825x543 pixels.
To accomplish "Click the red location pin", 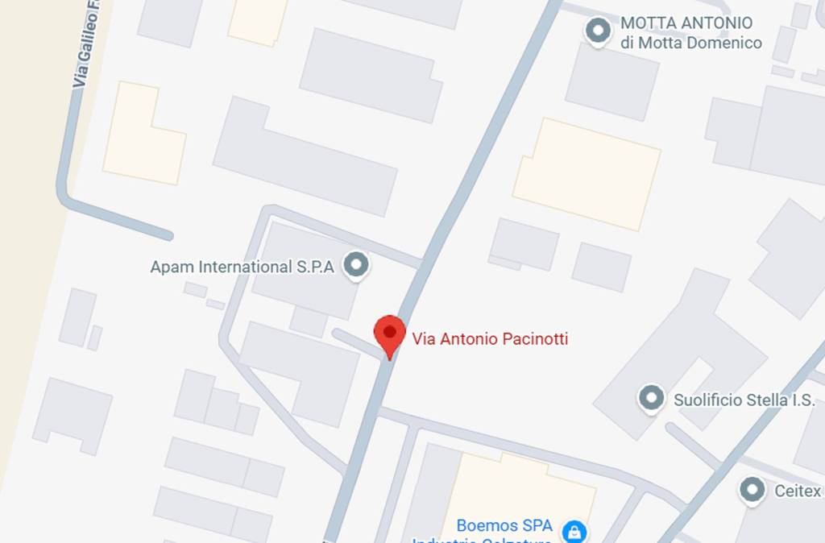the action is click(x=390, y=334).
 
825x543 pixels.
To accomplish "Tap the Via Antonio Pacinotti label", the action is click(x=490, y=339).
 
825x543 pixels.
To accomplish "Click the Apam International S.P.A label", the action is click(x=242, y=267).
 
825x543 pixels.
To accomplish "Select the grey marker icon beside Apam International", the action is click(x=355, y=264).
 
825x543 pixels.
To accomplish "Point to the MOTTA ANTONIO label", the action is click(x=686, y=23).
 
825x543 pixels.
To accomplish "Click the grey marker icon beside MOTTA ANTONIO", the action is click(x=598, y=31).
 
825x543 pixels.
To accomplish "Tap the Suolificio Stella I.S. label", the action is click(x=744, y=400).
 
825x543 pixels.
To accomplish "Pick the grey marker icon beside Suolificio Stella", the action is click(x=651, y=397).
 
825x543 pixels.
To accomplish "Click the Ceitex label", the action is click(x=798, y=491).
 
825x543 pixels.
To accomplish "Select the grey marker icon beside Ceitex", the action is click(x=752, y=489).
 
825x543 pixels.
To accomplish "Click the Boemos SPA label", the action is click(x=504, y=525).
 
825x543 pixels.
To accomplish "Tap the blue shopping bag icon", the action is click(x=574, y=532).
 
